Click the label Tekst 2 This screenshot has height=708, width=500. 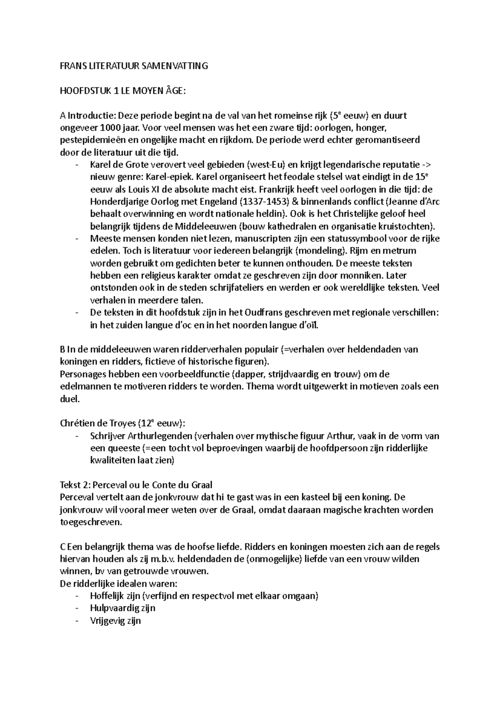click(x=75, y=485)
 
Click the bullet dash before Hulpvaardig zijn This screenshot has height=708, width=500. click(x=77, y=608)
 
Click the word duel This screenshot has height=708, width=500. click(x=70, y=399)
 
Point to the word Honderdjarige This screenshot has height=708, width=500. click(x=119, y=202)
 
